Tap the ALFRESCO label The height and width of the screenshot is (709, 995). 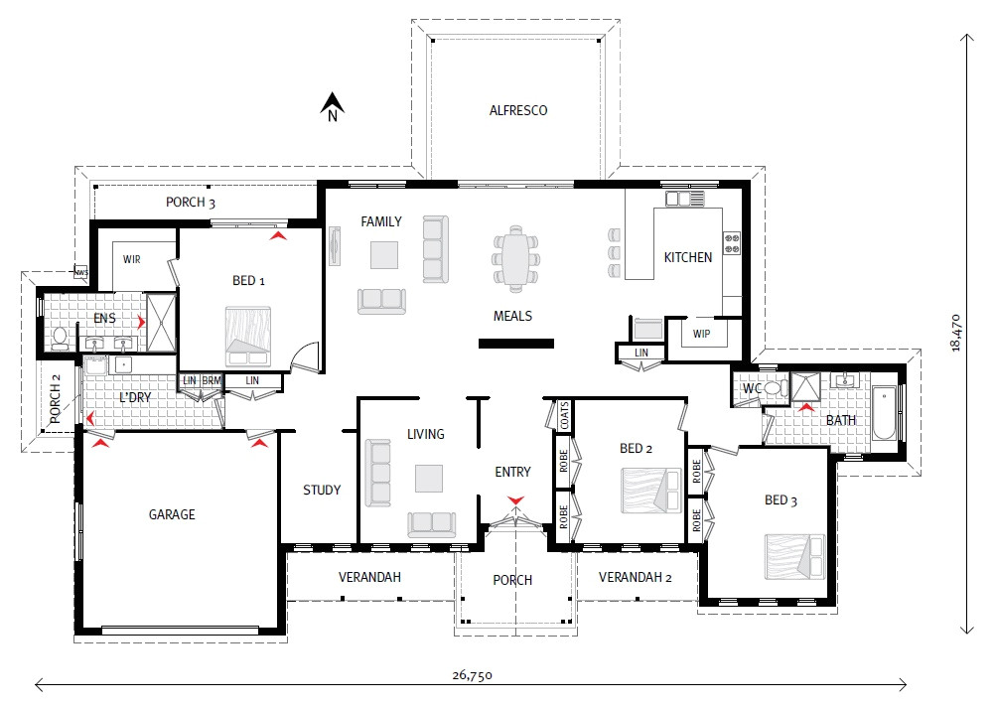point(517,110)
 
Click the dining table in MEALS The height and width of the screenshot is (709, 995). point(515,257)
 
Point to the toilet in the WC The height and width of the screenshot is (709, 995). point(774,389)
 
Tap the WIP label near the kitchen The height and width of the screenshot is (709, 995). point(702,333)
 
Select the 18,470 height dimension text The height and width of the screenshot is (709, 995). point(955,332)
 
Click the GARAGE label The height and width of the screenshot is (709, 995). point(172,514)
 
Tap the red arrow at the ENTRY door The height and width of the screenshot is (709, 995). point(514,498)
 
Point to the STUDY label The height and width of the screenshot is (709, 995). point(322,490)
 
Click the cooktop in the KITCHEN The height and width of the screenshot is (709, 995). point(733,243)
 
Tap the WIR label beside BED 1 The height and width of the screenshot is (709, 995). point(132,258)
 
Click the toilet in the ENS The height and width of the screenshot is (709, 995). point(59,338)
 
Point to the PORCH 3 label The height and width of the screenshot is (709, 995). point(191,203)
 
